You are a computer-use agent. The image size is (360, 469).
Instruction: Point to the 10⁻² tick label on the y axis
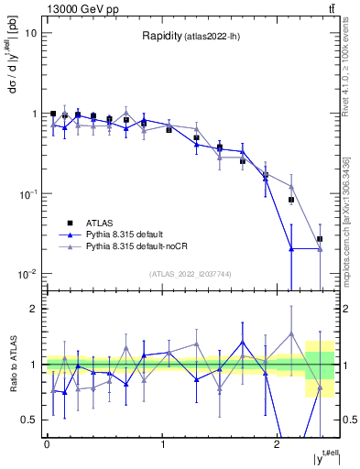pyautogui.click(x=28, y=274)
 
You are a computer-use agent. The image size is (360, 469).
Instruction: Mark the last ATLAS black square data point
pyautogui.click(x=320, y=239)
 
